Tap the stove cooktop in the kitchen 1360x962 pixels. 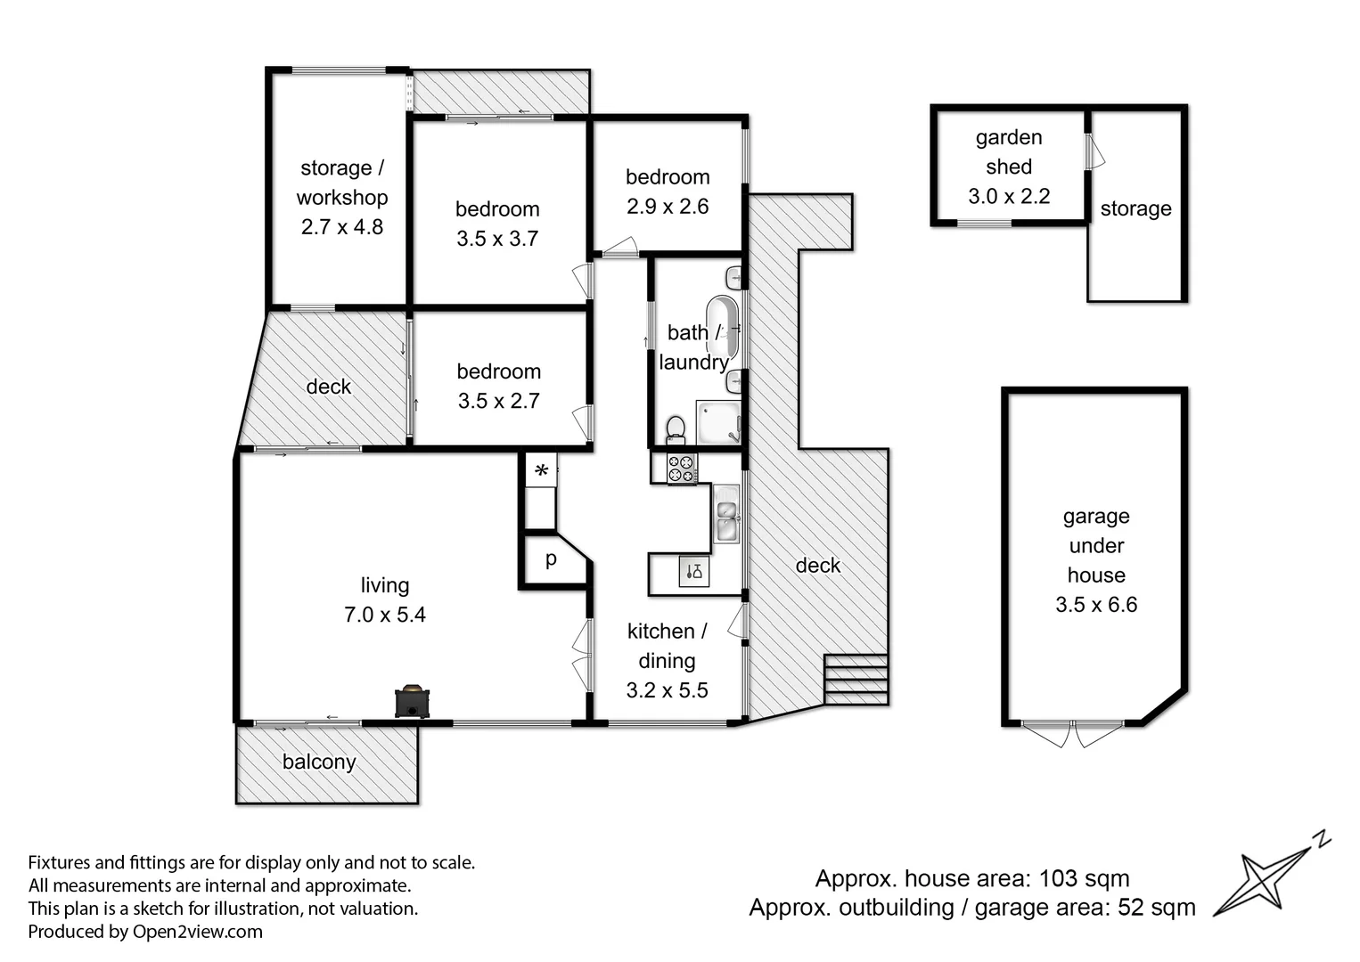pos(682,469)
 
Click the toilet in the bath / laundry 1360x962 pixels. pos(676,428)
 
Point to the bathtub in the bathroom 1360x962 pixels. pos(722,327)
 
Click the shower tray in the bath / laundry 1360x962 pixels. pos(718,422)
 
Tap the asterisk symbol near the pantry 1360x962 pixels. pos(541,470)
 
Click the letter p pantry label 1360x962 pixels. pos(551,558)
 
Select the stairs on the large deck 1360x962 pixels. pos(856,679)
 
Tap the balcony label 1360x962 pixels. pos(318,762)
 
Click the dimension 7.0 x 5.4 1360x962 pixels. pos(385,615)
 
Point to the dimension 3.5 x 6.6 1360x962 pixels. pos(1096,605)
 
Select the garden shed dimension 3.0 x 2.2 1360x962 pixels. pos(1009,197)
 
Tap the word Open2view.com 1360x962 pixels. pos(197,932)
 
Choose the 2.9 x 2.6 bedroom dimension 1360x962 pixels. pos(668,207)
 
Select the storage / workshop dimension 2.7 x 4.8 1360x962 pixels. pos(341,227)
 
